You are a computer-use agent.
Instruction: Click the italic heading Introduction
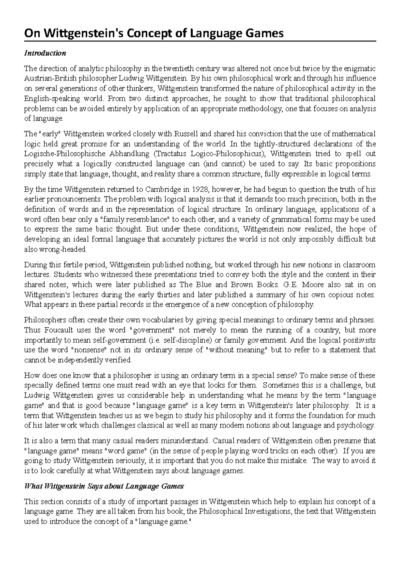(45, 53)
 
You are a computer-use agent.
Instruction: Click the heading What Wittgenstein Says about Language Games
(104, 486)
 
